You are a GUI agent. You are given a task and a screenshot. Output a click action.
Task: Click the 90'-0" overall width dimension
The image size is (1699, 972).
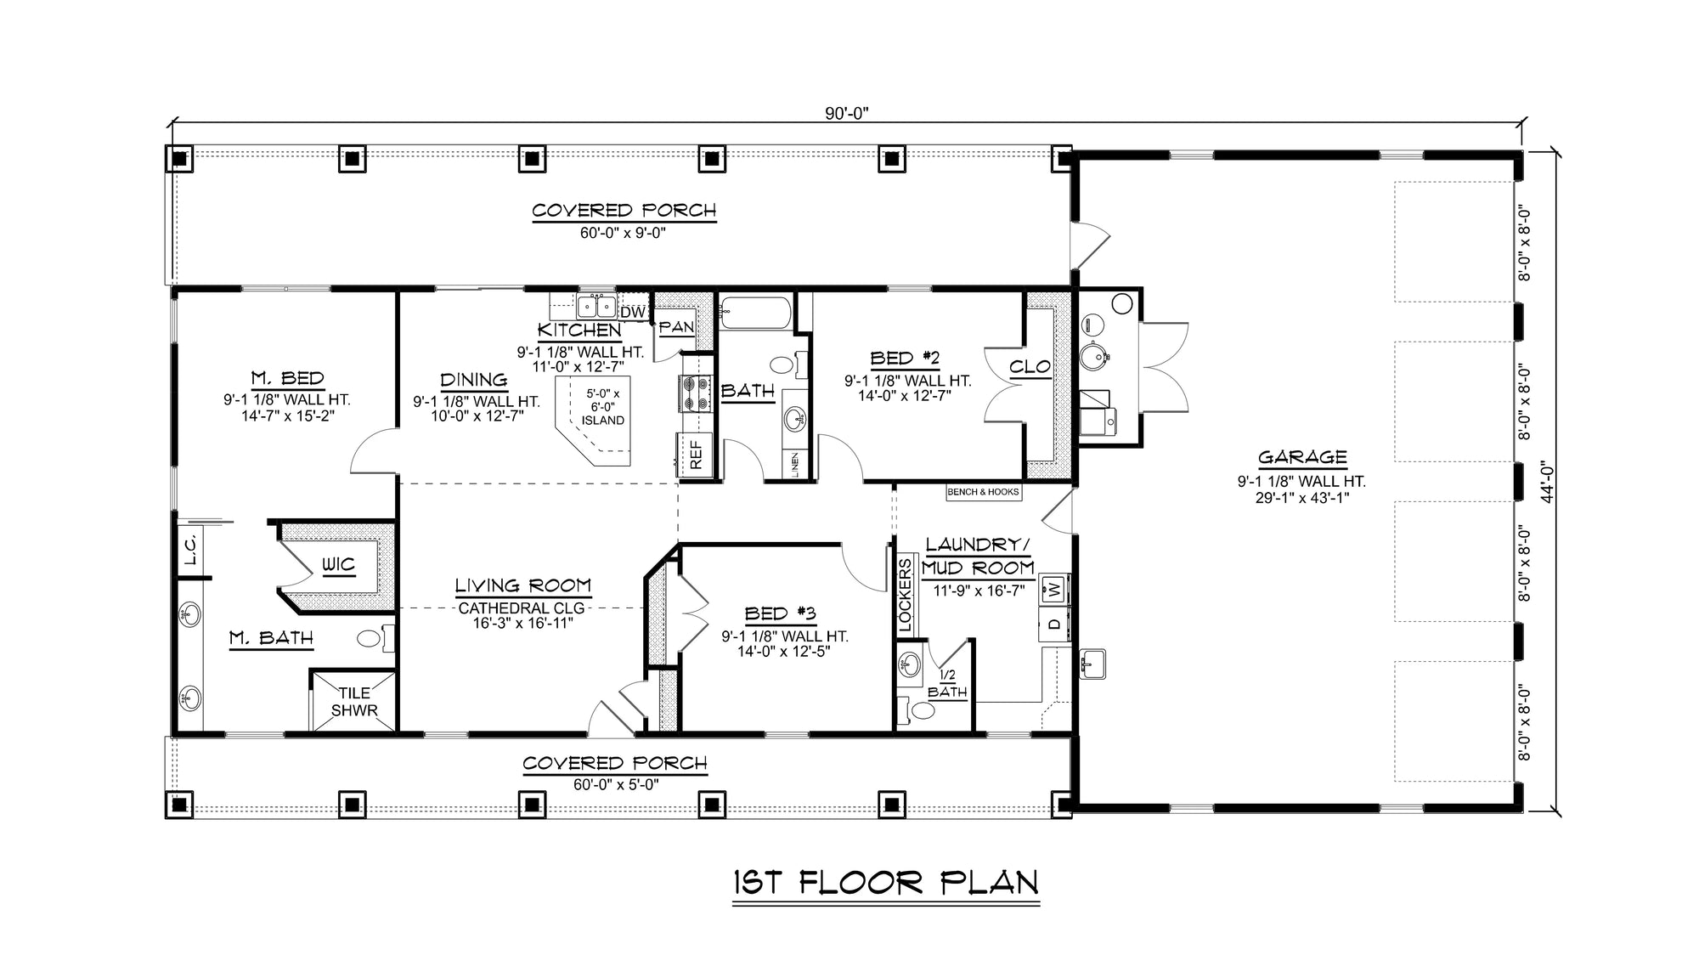(x=847, y=113)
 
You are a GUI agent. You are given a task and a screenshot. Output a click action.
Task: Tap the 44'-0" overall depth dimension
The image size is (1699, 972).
(x=1547, y=482)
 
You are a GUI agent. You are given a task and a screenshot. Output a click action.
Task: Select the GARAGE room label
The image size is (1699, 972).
(x=1301, y=457)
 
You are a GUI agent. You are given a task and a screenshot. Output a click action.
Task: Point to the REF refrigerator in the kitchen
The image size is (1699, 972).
(x=696, y=455)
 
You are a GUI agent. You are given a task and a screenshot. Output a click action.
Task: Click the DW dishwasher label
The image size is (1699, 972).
(x=632, y=313)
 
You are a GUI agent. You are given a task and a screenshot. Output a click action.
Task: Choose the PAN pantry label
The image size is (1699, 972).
(x=676, y=327)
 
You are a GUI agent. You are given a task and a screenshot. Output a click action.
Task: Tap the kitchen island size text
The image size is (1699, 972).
(x=602, y=407)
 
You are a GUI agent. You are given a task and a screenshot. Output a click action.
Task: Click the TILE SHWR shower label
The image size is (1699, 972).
(x=353, y=702)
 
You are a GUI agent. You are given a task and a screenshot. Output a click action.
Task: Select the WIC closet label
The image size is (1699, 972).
(x=337, y=565)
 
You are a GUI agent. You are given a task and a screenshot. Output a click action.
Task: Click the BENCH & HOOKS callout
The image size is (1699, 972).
(x=983, y=492)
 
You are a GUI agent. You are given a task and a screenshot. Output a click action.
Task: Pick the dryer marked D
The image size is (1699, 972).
(x=1053, y=624)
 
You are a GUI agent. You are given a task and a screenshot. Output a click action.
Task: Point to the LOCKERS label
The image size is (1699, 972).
(x=905, y=595)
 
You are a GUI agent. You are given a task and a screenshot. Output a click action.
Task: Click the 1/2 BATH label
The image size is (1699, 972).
(x=947, y=685)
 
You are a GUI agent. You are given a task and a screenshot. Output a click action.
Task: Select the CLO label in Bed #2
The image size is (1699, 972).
(x=1030, y=367)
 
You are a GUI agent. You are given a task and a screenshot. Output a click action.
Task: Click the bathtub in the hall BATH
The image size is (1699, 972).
(x=755, y=313)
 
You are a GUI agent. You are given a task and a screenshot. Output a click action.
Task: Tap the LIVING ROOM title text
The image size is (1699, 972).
(x=522, y=585)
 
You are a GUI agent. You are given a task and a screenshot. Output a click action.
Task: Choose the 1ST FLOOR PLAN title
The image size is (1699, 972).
(x=885, y=883)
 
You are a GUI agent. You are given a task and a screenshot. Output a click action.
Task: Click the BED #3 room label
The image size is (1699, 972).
(x=780, y=613)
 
